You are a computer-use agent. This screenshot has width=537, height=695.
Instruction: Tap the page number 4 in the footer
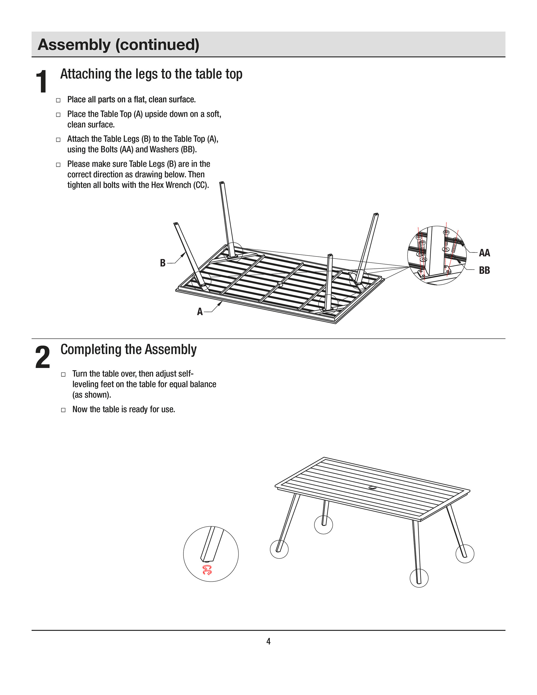coord(268,641)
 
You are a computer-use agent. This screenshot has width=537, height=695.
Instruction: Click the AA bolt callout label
coord(484,253)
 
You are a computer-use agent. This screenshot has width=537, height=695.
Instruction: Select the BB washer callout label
coord(484,270)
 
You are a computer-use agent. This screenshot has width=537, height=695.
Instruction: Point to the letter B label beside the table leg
coord(163,263)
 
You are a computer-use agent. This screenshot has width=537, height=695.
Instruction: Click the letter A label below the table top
coord(200,312)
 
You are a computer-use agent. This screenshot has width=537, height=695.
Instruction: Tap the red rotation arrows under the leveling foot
coord(207,570)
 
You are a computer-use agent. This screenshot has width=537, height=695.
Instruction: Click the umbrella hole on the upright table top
coord(372,488)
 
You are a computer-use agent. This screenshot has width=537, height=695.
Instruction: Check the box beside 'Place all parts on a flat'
coord(58,100)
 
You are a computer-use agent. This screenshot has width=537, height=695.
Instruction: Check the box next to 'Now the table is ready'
coord(63,410)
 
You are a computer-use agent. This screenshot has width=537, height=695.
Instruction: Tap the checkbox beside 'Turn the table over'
coord(63,374)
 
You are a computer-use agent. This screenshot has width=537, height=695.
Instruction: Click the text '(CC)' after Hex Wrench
coord(201,185)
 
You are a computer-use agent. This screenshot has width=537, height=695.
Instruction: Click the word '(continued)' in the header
coord(157,44)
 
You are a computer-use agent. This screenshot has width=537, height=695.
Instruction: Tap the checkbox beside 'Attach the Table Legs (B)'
coord(58,140)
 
